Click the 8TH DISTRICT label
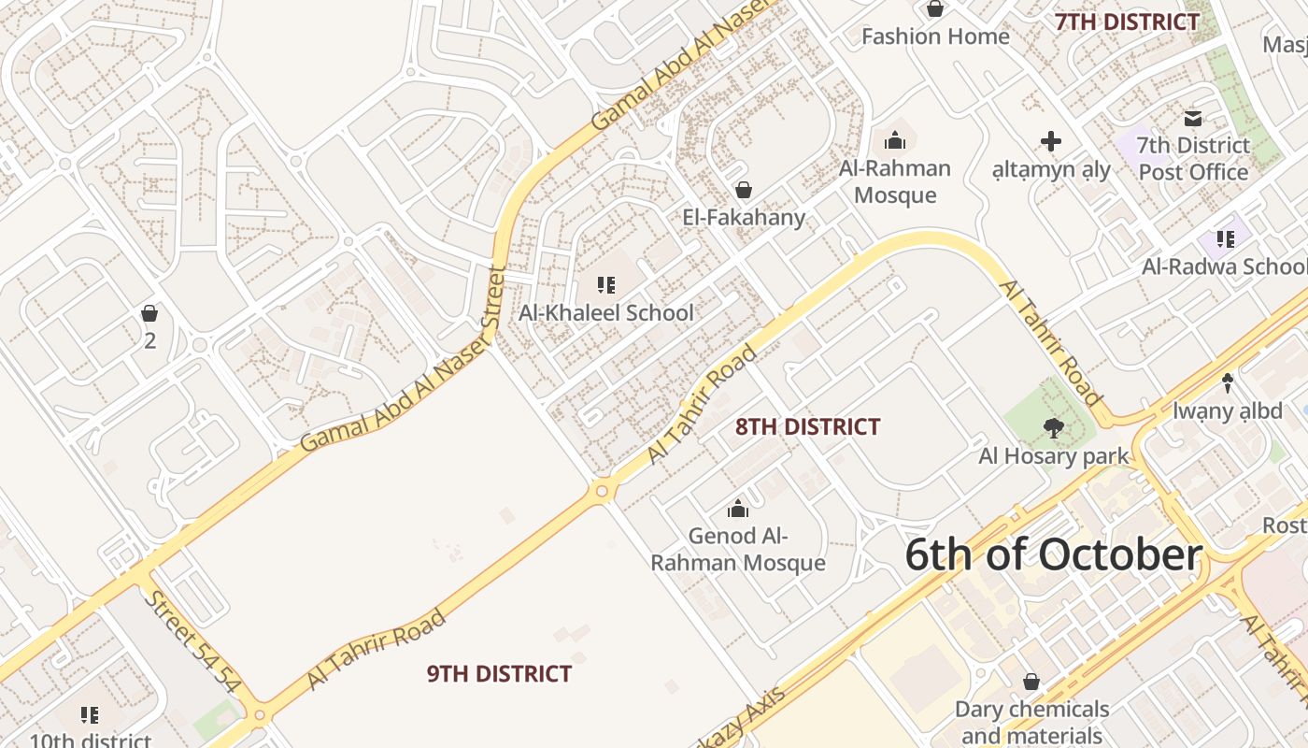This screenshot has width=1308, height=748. click(x=807, y=427)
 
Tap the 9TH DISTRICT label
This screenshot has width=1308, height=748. click(x=499, y=673)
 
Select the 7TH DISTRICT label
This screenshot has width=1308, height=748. click(x=1127, y=22)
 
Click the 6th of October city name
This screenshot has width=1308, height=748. click(x=1053, y=554)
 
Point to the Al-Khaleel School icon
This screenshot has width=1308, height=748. click(x=606, y=284)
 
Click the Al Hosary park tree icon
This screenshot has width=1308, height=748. click(x=1053, y=428)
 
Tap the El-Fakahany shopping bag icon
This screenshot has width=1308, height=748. click(x=744, y=191)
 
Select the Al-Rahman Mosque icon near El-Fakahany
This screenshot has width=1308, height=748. click(x=895, y=141)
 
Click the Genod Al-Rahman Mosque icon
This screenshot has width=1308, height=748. click(x=738, y=509)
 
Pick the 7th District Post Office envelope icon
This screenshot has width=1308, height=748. click(x=1193, y=118)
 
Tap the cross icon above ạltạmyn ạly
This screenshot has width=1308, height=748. click(x=1051, y=141)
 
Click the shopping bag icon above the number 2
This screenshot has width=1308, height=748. click(x=149, y=312)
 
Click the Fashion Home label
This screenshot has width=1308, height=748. click(x=935, y=36)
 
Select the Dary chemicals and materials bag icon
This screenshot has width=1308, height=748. click(x=1031, y=682)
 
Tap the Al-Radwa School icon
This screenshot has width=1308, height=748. click(x=1226, y=239)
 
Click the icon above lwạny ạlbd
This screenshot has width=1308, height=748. click(x=1228, y=382)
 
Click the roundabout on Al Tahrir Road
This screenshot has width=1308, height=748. click(x=602, y=490)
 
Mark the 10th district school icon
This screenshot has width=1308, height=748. click(x=90, y=715)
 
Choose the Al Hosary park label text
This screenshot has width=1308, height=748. click(x=1054, y=456)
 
